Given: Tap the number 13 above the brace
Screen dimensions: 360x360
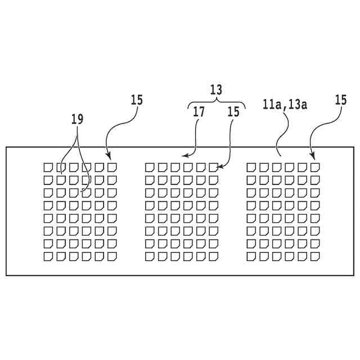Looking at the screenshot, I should coord(215,89).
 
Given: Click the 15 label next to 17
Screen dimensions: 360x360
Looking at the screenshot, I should coord(233,112).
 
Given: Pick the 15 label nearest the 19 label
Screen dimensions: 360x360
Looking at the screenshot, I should coord(137,100).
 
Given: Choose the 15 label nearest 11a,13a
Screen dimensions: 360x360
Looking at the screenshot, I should coord(340,100).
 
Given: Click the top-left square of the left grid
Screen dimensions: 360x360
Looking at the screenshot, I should coord(49,167).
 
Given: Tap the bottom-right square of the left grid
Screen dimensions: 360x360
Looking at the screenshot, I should coord(112,257).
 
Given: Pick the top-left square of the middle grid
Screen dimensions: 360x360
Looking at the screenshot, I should coord(150,167).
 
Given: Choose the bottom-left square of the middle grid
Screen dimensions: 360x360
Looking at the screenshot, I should coord(150,257).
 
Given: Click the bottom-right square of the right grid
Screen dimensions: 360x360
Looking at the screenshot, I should coord(315,257).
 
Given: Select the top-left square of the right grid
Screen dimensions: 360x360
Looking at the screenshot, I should coord(251,167).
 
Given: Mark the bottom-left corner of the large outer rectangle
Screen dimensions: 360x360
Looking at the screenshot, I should coord(6,275).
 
